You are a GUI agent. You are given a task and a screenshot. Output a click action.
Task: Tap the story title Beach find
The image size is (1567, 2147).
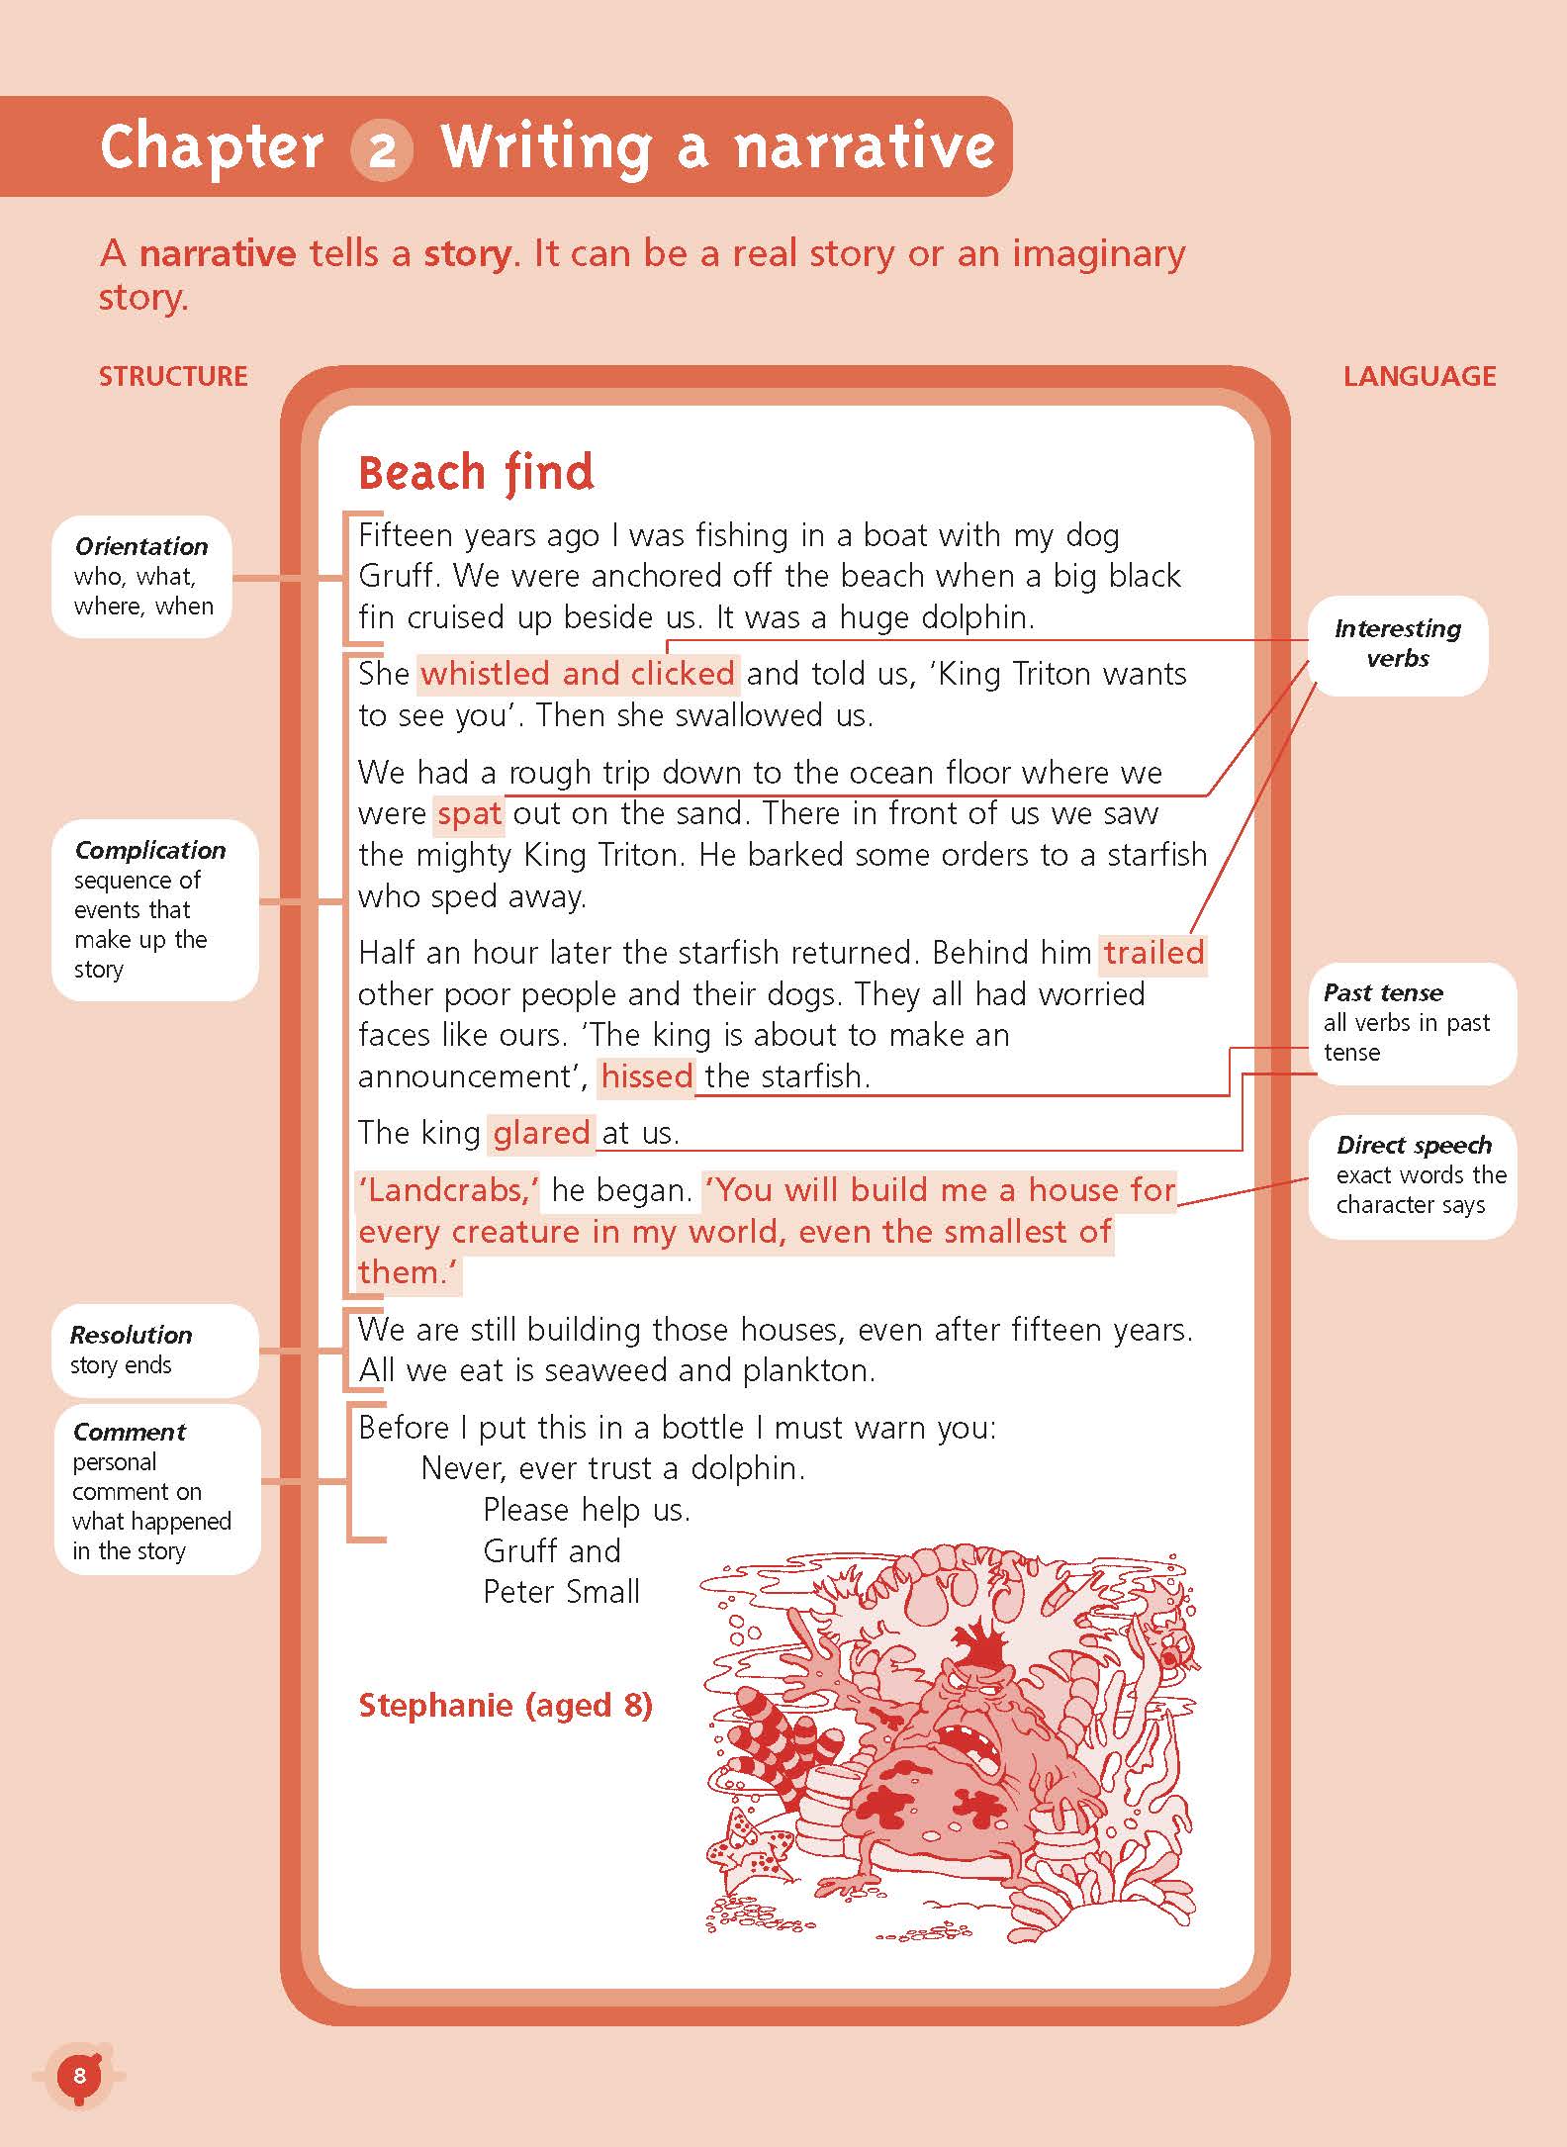point(476,472)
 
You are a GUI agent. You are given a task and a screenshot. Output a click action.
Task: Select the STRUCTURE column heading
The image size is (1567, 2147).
point(173,376)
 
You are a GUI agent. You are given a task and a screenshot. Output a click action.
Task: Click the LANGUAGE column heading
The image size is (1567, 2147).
point(1419,376)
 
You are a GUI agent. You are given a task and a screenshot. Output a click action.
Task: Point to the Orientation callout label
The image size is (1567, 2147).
point(141,546)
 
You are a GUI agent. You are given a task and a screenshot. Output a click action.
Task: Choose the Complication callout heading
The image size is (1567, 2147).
point(149,850)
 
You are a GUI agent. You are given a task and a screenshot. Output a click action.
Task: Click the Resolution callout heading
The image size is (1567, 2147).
point(131,1335)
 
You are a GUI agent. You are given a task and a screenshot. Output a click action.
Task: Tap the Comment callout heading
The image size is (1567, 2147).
point(129,1432)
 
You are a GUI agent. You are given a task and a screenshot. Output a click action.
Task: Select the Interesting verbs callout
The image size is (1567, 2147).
point(1397,643)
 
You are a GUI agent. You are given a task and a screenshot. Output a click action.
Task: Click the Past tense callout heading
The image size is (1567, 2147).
point(1383,992)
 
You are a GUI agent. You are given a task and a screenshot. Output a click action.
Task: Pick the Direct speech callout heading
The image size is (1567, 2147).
point(1414,1145)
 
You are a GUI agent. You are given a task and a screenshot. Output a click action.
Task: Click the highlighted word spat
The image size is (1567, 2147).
point(469,813)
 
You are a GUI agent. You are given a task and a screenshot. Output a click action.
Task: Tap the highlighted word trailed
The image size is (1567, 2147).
point(1154,953)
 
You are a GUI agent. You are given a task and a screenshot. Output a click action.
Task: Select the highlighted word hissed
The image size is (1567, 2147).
point(647,1075)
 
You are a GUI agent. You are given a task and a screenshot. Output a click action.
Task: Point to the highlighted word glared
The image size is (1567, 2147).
point(541,1132)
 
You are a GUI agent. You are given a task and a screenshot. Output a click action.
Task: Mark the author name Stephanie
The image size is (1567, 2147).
point(434,1705)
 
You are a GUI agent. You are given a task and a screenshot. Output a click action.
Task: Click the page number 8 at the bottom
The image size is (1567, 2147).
point(80,2075)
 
